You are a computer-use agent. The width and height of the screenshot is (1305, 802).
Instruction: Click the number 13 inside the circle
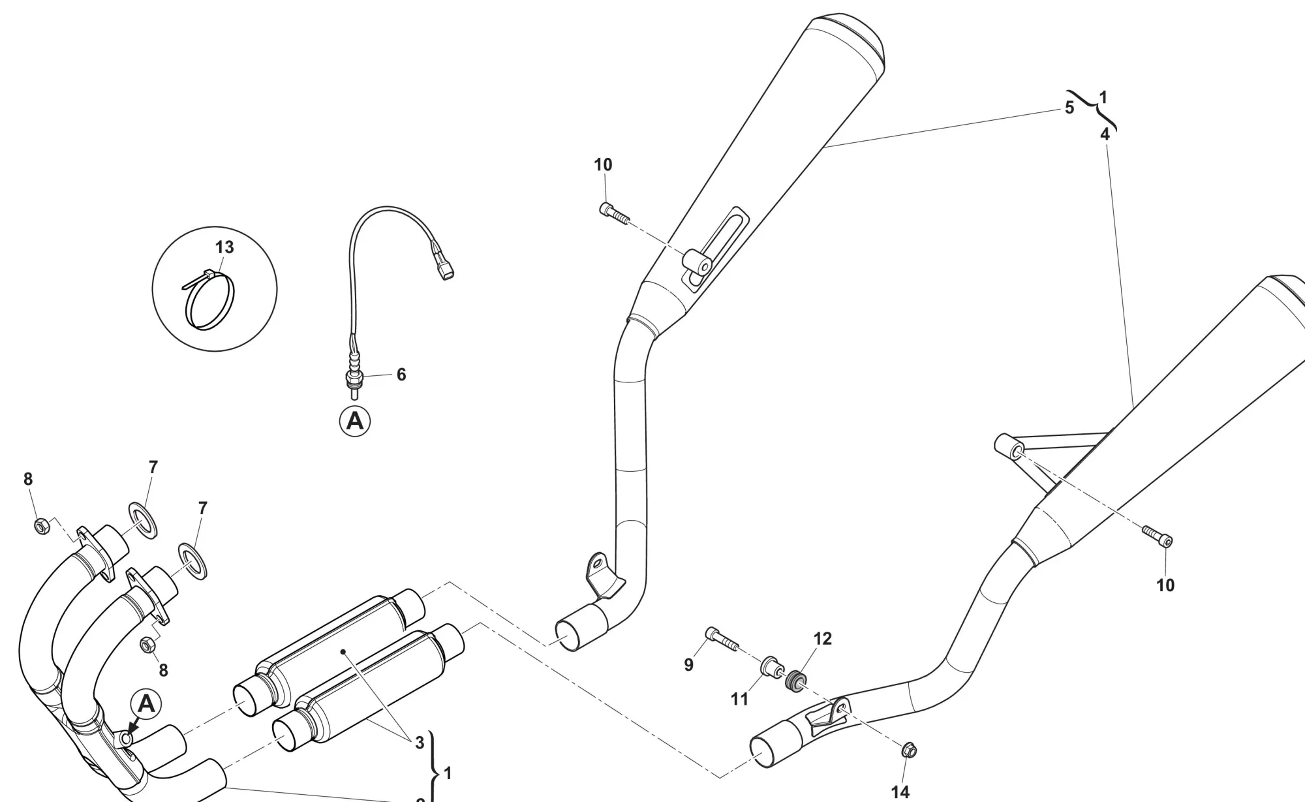(224, 248)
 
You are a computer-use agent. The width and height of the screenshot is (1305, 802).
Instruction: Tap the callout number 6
(401, 375)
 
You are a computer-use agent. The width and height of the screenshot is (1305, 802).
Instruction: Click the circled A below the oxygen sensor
(355, 421)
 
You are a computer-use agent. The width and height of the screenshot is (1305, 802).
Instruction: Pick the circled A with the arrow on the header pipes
(147, 705)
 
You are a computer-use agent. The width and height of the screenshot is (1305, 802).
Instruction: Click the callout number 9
(688, 664)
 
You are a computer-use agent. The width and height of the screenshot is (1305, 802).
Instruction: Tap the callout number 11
(739, 700)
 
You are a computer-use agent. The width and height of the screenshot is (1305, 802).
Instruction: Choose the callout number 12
(823, 639)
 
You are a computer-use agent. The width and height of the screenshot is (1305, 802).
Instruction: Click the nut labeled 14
(910, 752)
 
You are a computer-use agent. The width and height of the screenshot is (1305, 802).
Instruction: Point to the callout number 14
(900, 792)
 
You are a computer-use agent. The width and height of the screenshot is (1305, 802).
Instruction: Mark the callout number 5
(1069, 108)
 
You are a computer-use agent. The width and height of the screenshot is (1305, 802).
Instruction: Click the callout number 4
(1105, 134)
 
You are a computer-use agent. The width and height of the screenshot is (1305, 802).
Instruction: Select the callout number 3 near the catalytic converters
(420, 742)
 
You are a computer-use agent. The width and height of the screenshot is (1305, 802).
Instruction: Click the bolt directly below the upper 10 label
(613, 213)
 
